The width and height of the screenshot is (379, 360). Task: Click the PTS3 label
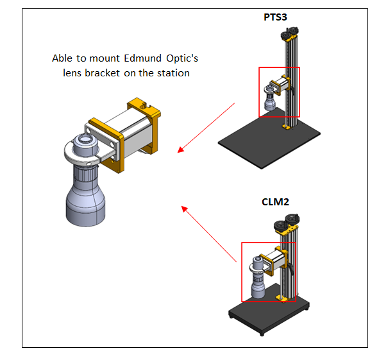(275, 17)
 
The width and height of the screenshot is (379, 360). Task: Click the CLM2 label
(275, 202)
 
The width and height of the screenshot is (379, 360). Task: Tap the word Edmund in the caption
(142, 58)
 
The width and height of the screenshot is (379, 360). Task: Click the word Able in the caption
(62, 58)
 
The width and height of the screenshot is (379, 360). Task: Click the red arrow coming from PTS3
(206, 128)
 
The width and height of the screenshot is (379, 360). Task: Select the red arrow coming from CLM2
(209, 234)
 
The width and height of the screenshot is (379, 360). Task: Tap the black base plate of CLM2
(269, 312)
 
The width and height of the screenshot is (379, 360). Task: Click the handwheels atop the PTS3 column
(290, 33)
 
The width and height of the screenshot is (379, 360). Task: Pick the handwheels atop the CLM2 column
(287, 223)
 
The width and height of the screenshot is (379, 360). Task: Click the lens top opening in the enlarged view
(85, 139)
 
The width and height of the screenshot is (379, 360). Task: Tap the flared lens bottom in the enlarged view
(85, 205)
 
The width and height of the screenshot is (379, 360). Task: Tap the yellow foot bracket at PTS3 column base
(286, 126)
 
